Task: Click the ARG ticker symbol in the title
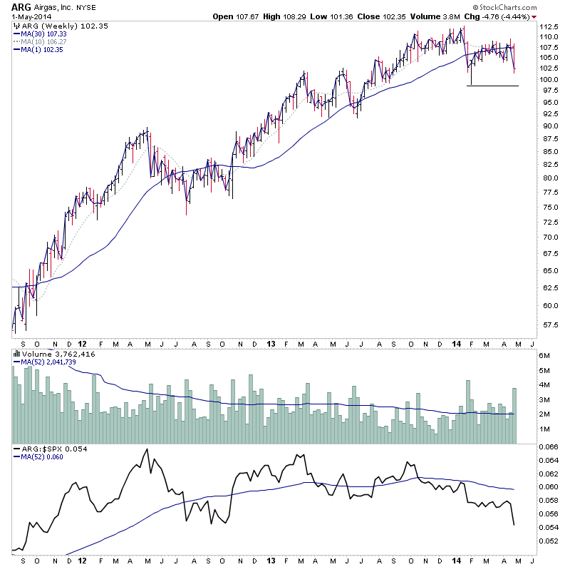[x=20, y=7]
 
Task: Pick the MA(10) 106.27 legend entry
[x=44, y=41]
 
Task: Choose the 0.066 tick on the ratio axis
[x=549, y=447]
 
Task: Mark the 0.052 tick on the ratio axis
[x=549, y=541]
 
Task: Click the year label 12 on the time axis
[x=83, y=342]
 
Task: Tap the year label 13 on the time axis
[x=270, y=342]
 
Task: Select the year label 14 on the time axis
[x=456, y=342]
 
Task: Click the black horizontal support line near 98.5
[x=492, y=86]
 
